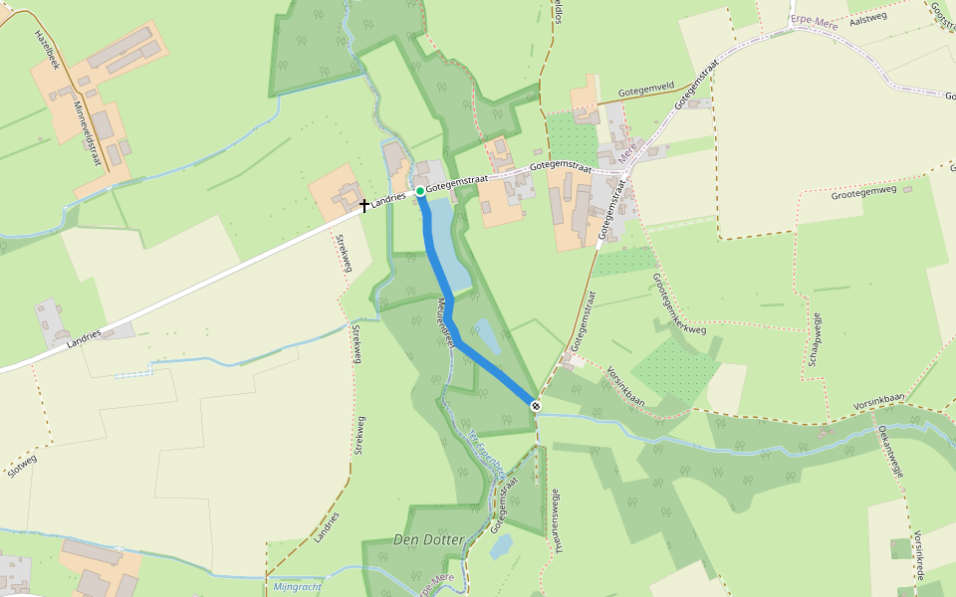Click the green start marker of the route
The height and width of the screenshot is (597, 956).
(420, 190)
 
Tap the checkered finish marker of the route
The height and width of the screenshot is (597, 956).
(536, 405)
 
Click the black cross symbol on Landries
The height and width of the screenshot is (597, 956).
(364, 206)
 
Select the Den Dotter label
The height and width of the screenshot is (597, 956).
(428, 539)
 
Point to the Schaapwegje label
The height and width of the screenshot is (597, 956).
(815, 339)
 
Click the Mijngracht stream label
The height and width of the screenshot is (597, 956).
(297, 587)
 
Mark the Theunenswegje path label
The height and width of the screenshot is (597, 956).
(559, 519)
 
